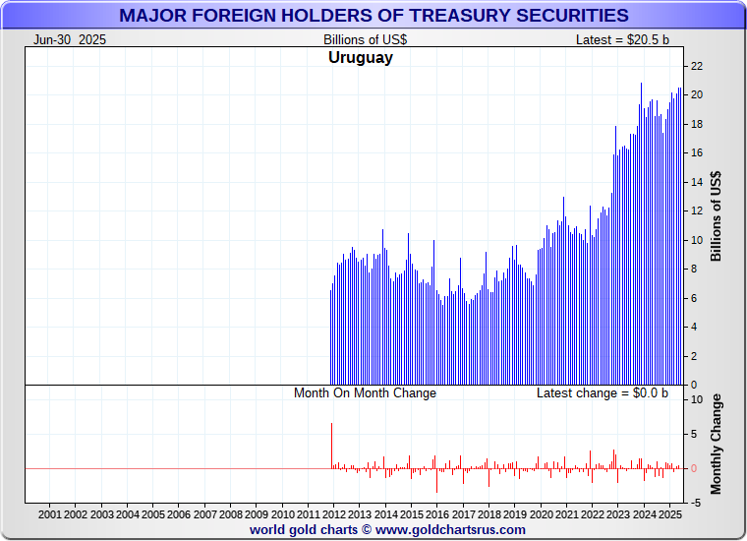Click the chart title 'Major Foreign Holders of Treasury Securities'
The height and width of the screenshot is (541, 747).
(x=373, y=15)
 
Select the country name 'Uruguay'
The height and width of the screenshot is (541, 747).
(x=360, y=58)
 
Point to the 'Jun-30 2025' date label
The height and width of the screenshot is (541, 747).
(x=70, y=39)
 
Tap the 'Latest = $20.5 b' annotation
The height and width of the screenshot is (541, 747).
(x=622, y=39)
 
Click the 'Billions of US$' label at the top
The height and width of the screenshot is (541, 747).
(x=365, y=39)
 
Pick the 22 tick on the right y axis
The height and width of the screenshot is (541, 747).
(x=696, y=66)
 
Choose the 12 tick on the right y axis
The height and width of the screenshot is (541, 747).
(x=696, y=210)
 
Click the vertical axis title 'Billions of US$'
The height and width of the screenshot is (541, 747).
(x=716, y=216)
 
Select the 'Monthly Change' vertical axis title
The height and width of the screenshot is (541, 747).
(x=716, y=444)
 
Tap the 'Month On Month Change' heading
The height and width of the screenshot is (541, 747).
(x=365, y=393)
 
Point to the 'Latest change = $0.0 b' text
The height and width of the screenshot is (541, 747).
(x=602, y=393)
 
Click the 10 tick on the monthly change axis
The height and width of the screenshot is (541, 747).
(x=696, y=400)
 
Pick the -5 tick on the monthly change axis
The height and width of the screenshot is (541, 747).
(x=694, y=503)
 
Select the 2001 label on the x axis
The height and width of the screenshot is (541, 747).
(x=50, y=514)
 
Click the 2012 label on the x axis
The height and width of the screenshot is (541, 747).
(x=333, y=514)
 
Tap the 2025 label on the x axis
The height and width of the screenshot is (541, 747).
(x=668, y=514)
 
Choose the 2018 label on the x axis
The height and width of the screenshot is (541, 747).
(x=488, y=514)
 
